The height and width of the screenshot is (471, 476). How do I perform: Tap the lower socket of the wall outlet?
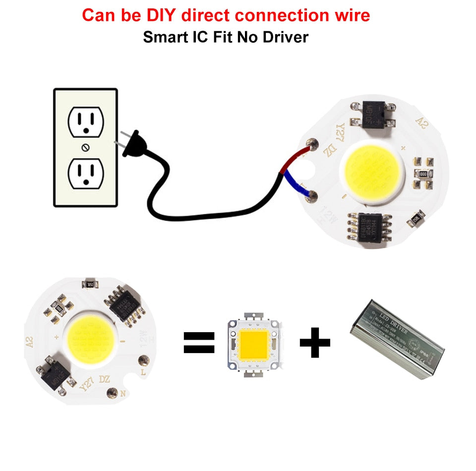point(85,173)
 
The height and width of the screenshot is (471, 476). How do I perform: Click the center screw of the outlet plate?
point(85,147)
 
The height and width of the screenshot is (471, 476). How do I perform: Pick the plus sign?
point(315,342)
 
